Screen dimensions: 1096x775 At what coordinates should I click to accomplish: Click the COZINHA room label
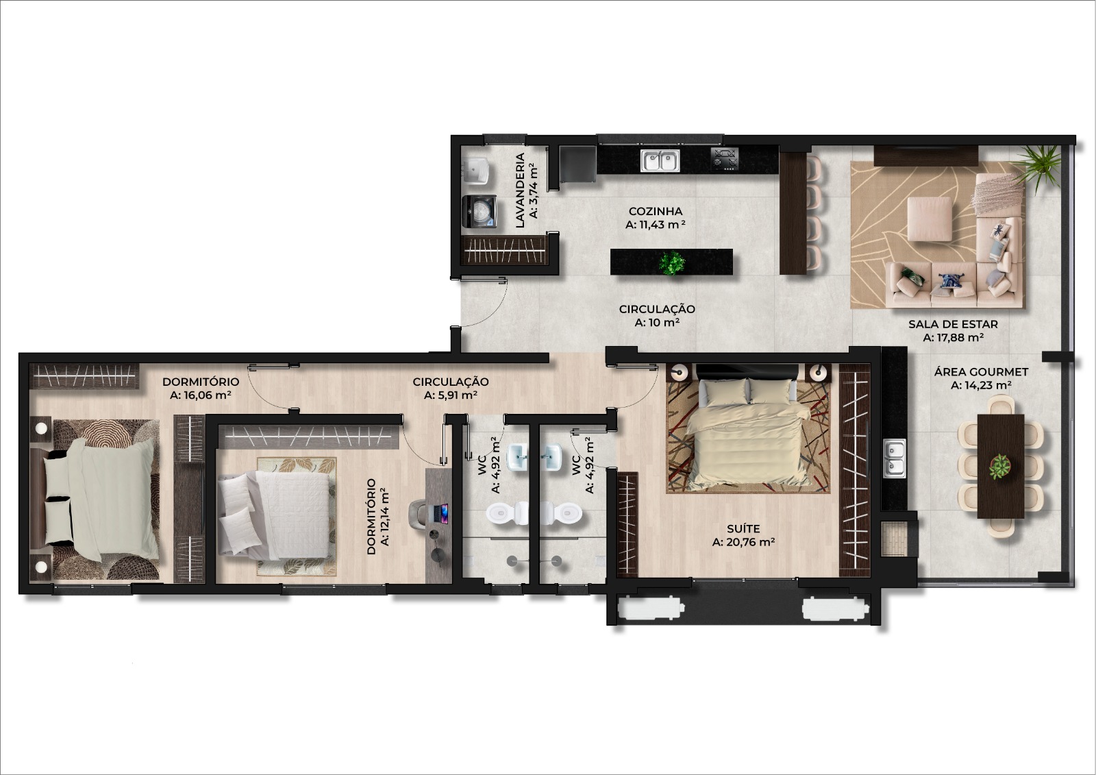coord(655,211)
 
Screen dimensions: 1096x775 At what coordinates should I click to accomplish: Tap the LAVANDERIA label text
coord(520,190)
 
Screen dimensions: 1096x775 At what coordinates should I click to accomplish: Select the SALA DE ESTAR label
coord(953,324)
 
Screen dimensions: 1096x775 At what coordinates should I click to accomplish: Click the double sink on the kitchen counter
coord(660,160)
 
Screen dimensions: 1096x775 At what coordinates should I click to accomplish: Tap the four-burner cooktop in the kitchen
coord(725,160)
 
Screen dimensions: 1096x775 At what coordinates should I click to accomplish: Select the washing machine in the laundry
coord(480,212)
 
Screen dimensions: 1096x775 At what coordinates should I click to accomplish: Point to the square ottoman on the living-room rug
coord(930,219)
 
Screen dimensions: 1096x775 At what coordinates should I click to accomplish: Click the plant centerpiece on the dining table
coord(999,467)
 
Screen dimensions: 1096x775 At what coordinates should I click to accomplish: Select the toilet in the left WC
coord(508,513)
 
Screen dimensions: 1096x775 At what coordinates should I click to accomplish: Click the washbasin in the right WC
coord(552,457)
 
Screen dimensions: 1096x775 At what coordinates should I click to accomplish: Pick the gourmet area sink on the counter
coord(895,458)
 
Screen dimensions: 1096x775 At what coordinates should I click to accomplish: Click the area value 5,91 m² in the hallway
coord(451,395)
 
